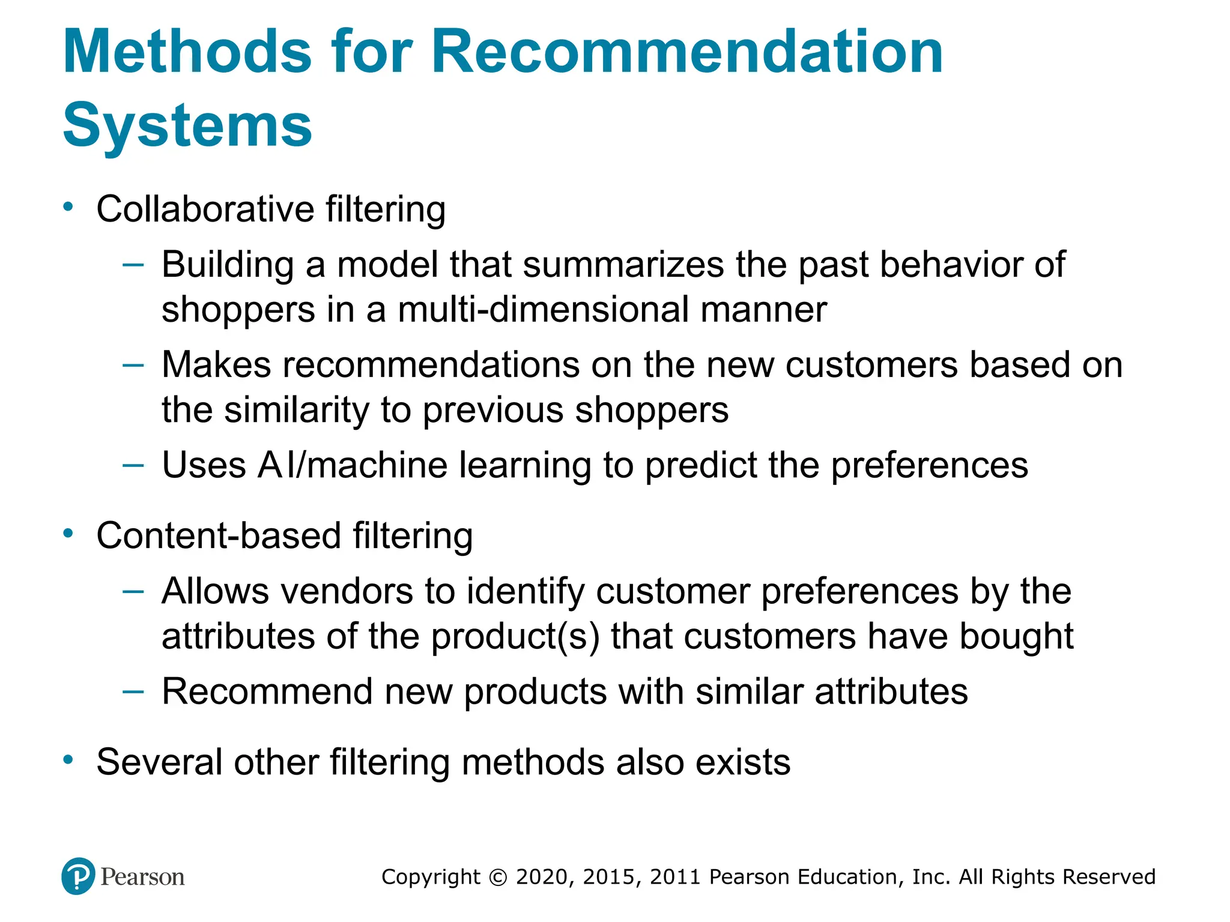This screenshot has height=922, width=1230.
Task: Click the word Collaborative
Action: [x=205, y=209]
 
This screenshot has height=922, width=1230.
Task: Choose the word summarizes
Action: [x=623, y=265]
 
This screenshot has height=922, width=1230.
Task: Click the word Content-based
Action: [x=219, y=536]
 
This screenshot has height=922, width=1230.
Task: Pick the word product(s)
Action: [x=515, y=637]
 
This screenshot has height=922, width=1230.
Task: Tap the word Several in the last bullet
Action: [x=159, y=762]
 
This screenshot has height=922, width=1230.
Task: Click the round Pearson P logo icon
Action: [x=78, y=876]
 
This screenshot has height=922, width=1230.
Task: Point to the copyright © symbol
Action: [x=498, y=878]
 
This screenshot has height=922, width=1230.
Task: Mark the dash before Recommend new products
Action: [x=133, y=691]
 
